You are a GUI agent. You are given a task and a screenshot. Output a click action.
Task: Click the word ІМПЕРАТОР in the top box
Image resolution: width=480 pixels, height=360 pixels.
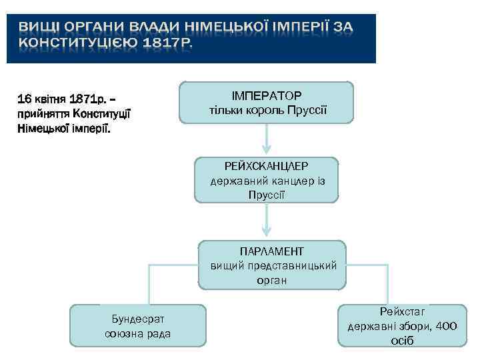point(266,95)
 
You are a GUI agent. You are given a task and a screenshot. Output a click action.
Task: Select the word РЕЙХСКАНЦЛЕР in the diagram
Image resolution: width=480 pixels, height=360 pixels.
point(266,167)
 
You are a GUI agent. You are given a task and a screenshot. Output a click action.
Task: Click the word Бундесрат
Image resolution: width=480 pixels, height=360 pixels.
point(138,319)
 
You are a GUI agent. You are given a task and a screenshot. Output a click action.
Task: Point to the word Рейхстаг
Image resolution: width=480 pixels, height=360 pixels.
point(402,311)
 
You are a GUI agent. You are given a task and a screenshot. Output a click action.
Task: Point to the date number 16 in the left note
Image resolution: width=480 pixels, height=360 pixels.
point(25,99)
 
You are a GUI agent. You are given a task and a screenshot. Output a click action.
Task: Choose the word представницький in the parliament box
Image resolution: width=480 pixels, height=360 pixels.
point(288,265)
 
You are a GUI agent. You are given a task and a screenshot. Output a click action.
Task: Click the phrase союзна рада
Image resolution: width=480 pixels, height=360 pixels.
point(138,333)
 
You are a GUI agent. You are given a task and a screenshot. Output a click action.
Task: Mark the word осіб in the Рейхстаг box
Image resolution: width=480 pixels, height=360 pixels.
point(402,341)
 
